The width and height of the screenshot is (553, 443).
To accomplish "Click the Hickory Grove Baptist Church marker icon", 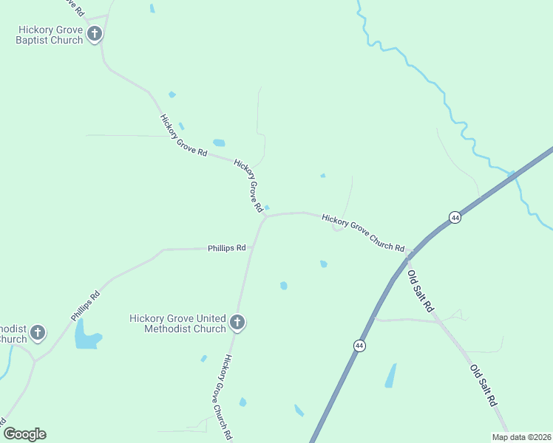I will point(95,33).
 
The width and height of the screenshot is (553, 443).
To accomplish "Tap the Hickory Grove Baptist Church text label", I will point(50,35).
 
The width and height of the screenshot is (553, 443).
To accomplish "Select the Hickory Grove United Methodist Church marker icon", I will point(237,322).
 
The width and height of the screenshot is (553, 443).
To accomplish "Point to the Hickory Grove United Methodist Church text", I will point(177,323).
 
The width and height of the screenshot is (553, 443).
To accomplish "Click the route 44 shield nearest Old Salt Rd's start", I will point(455,217).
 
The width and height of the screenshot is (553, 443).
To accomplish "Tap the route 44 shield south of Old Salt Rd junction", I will point(359,346).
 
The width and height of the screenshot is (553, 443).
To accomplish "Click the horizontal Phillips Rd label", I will point(226,248).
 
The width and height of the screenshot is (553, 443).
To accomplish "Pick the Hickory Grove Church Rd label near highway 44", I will point(363,233).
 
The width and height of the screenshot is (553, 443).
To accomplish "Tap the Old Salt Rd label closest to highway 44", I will point(420,291).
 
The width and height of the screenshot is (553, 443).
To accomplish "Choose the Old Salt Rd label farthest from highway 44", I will point(484,385).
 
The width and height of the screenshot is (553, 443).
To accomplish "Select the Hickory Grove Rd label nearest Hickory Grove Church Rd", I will point(249,185).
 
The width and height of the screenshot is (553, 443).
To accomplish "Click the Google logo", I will point(24,434).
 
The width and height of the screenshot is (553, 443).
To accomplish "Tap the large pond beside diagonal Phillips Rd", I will point(86,336).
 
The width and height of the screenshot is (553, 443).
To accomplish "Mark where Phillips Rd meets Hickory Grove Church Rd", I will point(252,249).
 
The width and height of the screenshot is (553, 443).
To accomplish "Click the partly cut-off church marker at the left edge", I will point(37,333).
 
